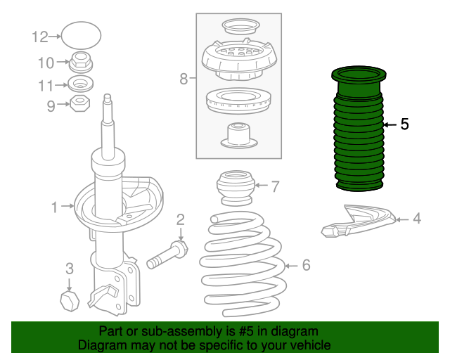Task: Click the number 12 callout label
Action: tap(39, 36)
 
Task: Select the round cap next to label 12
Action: tap(82, 36)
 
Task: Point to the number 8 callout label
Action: tap(184, 79)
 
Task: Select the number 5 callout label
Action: tap(404, 124)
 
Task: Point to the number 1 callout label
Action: tap(54, 207)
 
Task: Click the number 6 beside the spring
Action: tap(306, 265)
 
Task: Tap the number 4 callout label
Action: tap(416, 219)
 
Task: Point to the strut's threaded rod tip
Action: tap(107, 98)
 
